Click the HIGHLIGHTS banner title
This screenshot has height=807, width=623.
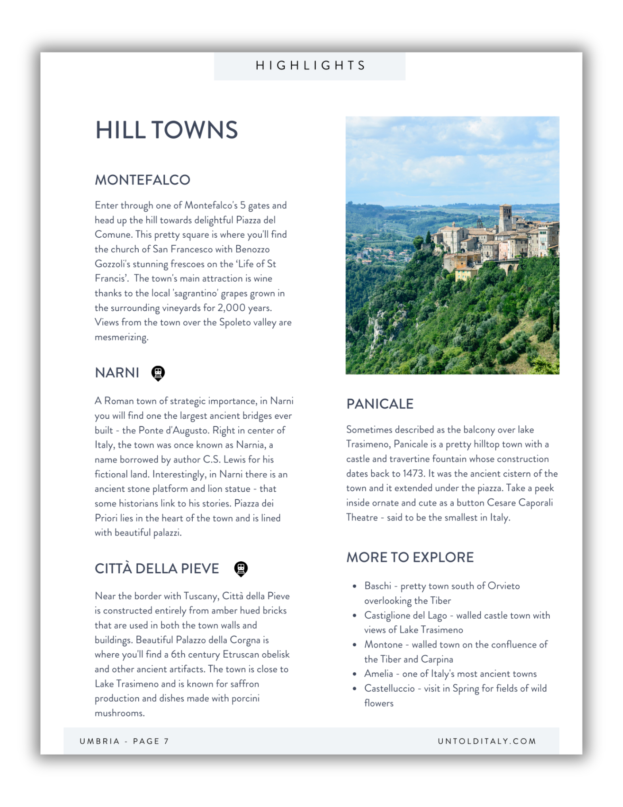click(310, 65)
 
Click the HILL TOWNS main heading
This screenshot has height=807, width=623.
click(166, 130)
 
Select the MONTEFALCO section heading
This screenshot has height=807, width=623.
click(142, 180)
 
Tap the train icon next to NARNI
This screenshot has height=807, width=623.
click(158, 373)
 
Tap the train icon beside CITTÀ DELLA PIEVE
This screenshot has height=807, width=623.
click(241, 569)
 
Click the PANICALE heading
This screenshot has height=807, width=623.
click(380, 404)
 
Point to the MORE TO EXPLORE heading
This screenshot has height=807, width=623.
click(410, 557)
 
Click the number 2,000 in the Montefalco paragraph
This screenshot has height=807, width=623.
click(231, 308)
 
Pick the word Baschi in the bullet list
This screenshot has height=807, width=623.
click(377, 586)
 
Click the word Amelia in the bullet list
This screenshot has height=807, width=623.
click(378, 673)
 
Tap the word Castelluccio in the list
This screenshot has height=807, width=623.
click(389, 688)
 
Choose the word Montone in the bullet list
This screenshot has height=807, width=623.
click(383, 644)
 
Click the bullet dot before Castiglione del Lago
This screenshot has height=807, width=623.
click(354, 616)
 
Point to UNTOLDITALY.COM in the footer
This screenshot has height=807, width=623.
click(487, 741)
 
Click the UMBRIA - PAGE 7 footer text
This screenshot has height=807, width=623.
click(124, 741)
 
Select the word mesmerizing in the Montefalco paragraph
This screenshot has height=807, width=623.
click(121, 337)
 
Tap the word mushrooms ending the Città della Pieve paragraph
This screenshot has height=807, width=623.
click(119, 713)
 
